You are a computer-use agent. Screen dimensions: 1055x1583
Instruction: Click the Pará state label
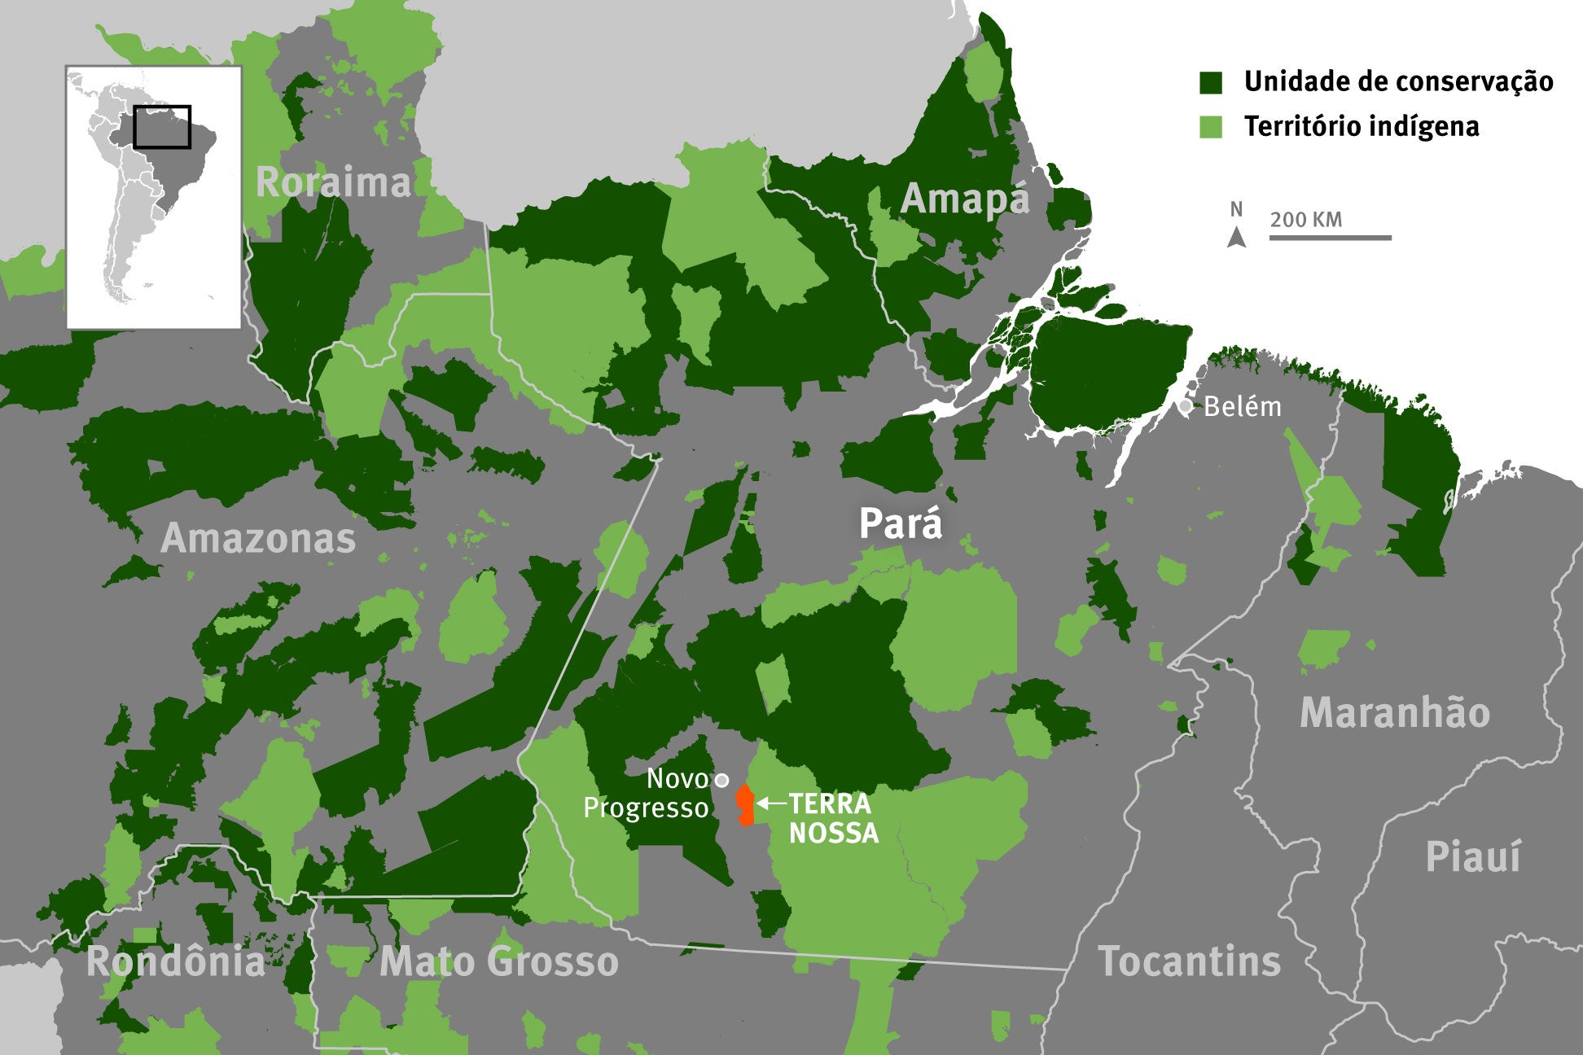(901, 523)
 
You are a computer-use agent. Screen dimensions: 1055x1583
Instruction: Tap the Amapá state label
(965, 199)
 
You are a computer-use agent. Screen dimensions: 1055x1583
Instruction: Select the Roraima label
(333, 182)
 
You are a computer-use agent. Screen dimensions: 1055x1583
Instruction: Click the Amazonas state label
(258, 538)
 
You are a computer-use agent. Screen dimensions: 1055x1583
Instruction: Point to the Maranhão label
(1395, 712)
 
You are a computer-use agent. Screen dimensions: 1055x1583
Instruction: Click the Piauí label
(1472, 857)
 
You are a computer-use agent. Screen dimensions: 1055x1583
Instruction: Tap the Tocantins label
(1189, 961)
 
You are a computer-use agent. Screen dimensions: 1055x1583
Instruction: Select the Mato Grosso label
(498, 961)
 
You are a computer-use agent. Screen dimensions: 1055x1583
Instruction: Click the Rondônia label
(176, 961)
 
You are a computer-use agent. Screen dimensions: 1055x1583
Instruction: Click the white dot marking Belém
(1186, 405)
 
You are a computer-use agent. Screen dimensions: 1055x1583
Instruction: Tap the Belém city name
(1242, 406)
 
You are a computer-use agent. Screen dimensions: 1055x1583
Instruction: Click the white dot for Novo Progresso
(721, 780)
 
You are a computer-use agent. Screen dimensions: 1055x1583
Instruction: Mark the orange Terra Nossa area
(744, 805)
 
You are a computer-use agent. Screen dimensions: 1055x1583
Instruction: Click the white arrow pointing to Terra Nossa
(770, 803)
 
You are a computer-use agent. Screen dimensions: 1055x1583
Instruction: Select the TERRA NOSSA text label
(833, 818)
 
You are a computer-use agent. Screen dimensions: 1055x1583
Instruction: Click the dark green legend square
(1211, 82)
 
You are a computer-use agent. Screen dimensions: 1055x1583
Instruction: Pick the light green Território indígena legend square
(1211, 127)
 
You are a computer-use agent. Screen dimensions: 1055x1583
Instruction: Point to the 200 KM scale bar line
(1330, 238)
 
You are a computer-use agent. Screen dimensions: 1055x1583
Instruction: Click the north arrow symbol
(1236, 236)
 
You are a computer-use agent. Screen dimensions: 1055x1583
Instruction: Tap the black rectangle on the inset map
(162, 127)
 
